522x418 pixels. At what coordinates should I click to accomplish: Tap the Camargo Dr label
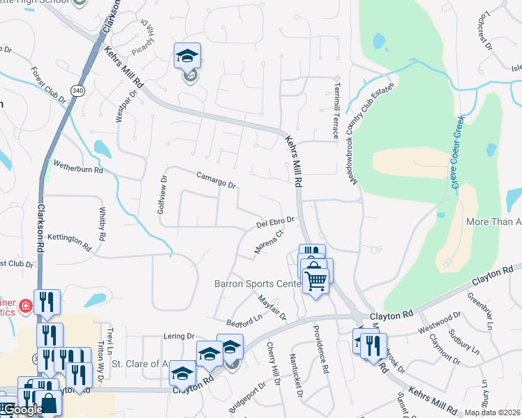216,180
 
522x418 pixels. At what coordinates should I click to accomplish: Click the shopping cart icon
316,281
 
